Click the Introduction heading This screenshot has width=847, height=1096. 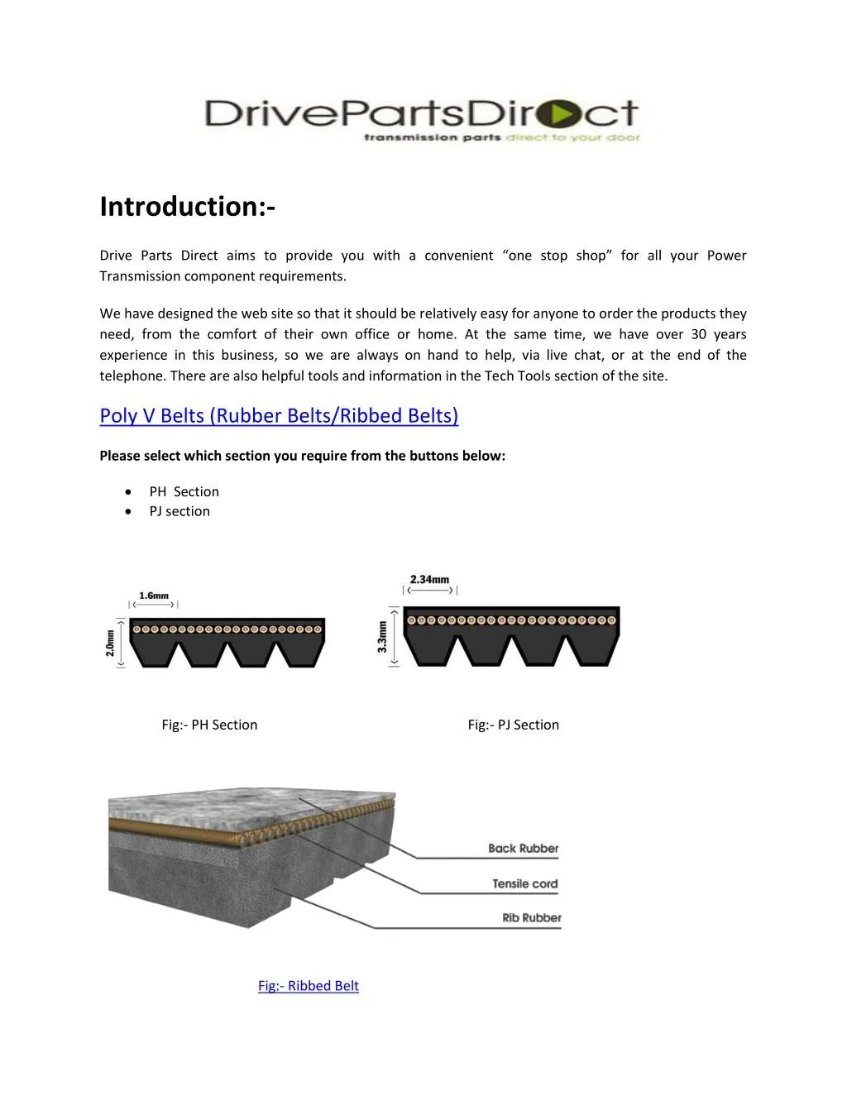click(188, 207)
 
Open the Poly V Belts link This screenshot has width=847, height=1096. click(279, 415)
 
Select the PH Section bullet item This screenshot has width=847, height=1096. click(184, 491)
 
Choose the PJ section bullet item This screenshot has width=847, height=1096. click(179, 511)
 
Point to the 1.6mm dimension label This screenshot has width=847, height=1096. click(154, 596)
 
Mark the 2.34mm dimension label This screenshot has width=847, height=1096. click(429, 580)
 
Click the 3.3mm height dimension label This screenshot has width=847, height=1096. click(382, 637)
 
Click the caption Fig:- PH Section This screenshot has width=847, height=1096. click(209, 725)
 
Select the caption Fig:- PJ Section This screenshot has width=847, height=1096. click(513, 725)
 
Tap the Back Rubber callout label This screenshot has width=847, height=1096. click(523, 849)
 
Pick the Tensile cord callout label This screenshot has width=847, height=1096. click(525, 884)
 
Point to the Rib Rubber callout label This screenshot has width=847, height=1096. click(531, 918)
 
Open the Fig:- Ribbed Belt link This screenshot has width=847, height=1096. click(308, 986)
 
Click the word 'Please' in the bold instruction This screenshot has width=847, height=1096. click(120, 456)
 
